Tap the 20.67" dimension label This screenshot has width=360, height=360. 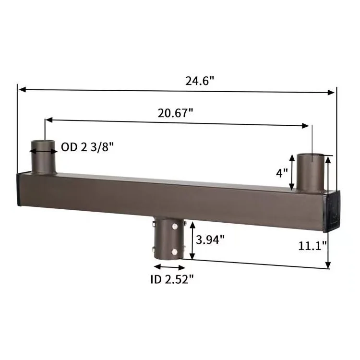pos(176,113)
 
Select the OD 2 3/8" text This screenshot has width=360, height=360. pos(88,147)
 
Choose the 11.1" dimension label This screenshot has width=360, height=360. pos(311,246)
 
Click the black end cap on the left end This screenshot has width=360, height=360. pos(19,190)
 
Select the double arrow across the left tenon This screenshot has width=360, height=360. pos(44,151)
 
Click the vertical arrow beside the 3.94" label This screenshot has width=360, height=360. pos(192,240)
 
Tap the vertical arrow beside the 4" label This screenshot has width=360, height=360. pos(292,172)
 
